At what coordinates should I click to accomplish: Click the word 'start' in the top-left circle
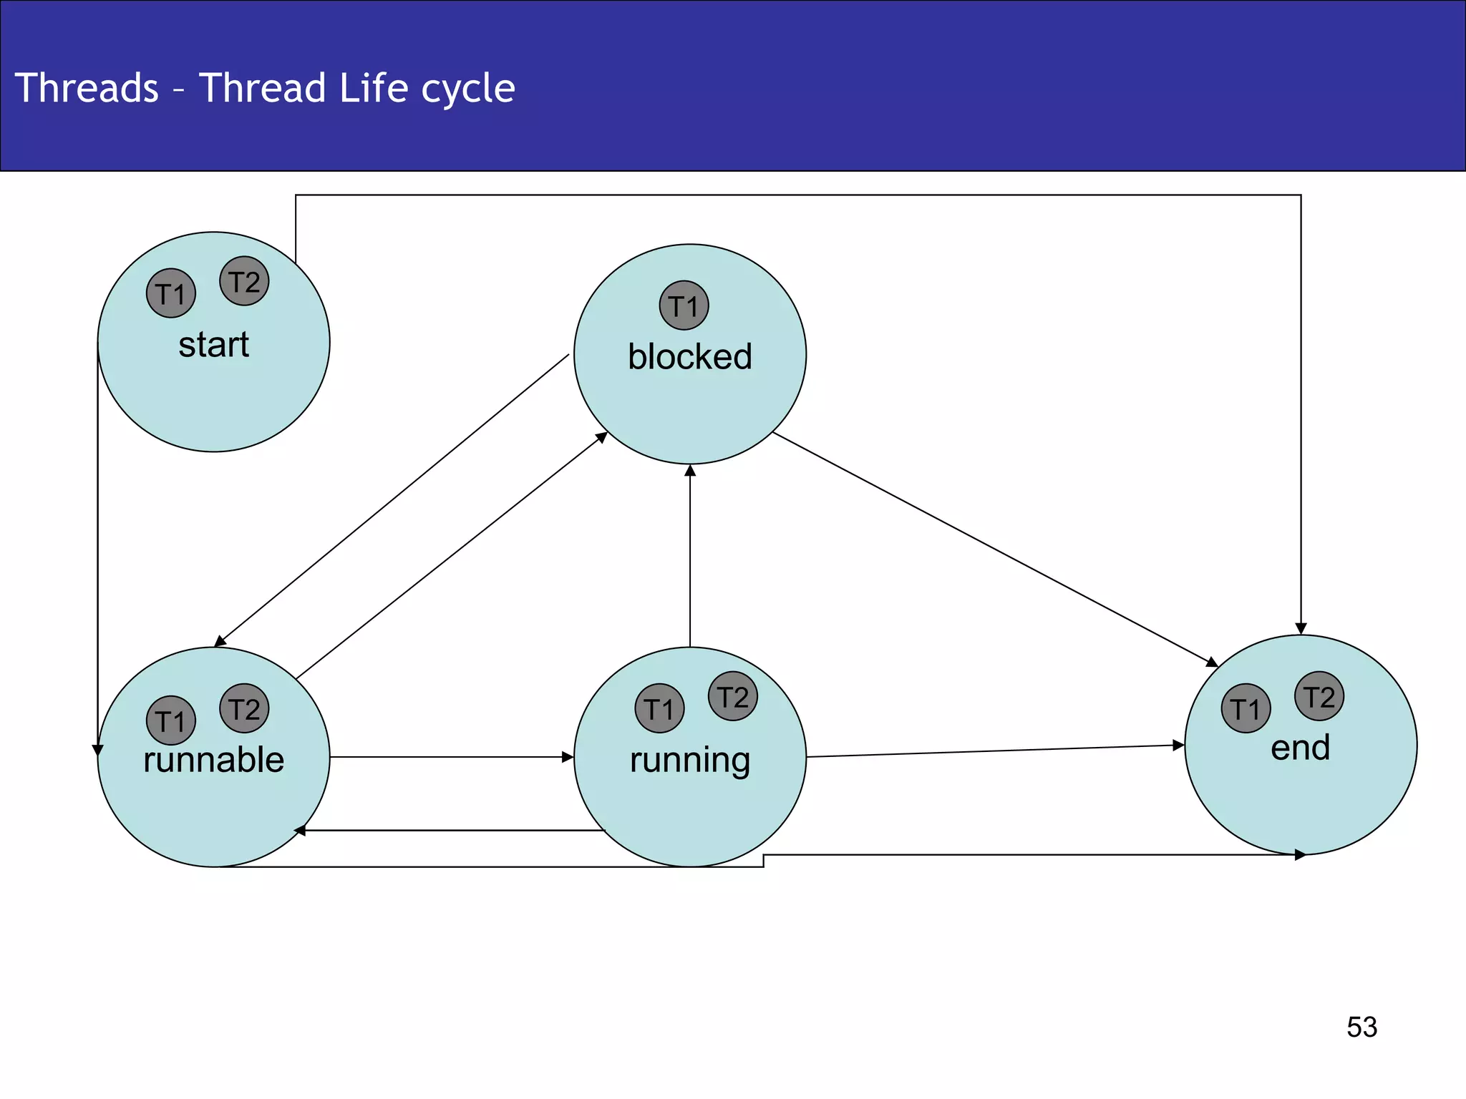[213, 345]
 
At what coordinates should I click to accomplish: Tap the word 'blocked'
[690, 356]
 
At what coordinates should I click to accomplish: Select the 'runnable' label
[213, 759]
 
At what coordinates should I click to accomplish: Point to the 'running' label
[690, 760]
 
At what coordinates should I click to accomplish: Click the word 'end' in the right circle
[1300, 748]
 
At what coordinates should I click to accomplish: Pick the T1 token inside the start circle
[171, 293]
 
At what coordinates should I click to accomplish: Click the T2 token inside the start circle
[244, 281]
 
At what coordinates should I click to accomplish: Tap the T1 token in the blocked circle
[684, 306]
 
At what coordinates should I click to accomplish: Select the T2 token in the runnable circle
[244, 708]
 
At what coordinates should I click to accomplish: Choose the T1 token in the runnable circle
[171, 721]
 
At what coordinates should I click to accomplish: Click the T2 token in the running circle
[732, 696]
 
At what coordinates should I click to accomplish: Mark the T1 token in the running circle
[659, 708]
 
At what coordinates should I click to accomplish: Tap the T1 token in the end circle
[1246, 708]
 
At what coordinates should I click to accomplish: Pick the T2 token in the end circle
[1319, 696]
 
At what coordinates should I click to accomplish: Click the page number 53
[1361, 1027]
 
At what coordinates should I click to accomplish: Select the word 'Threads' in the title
[87, 88]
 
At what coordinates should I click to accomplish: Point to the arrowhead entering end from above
[1301, 628]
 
